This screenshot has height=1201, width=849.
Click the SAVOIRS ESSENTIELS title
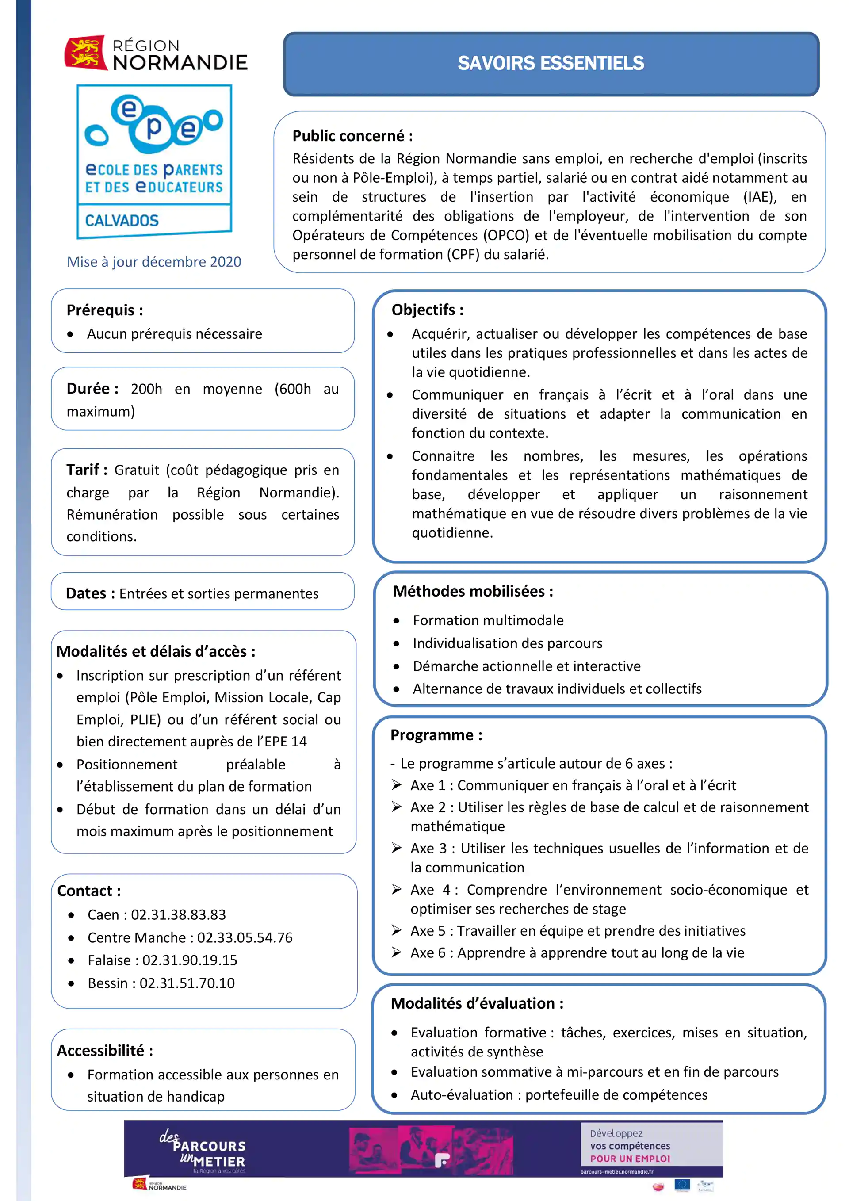pyautogui.click(x=551, y=63)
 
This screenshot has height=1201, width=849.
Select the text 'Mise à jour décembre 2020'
pyautogui.click(x=154, y=261)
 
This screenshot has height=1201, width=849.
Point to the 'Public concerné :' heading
pyautogui.click(x=352, y=136)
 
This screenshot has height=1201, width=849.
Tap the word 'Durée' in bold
pyautogui.click(x=88, y=389)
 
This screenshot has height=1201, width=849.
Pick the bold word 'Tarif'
pyautogui.click(x=83, y=470)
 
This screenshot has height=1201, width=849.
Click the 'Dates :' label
pyautogui.click(x=90, y=593)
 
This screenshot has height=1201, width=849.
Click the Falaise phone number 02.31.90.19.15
pyautogui.click(x=189, y=960)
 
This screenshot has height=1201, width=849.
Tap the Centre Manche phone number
pyautogui.click(x=244, y=937)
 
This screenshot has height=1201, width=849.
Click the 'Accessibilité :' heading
pyautogui.click(x=105, y=1050)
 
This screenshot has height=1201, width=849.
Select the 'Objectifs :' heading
pyautogui.click(x=427, y=310)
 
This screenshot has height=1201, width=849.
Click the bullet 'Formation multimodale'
pyautogui.click(x=488, y=620)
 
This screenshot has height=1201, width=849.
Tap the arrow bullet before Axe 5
pyautogui.click(x=397, y=930)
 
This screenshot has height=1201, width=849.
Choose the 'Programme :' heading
pyautogui.click(x=436, y=735)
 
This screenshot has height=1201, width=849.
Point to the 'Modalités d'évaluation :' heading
pyautogui.click(x=477, y=1003)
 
